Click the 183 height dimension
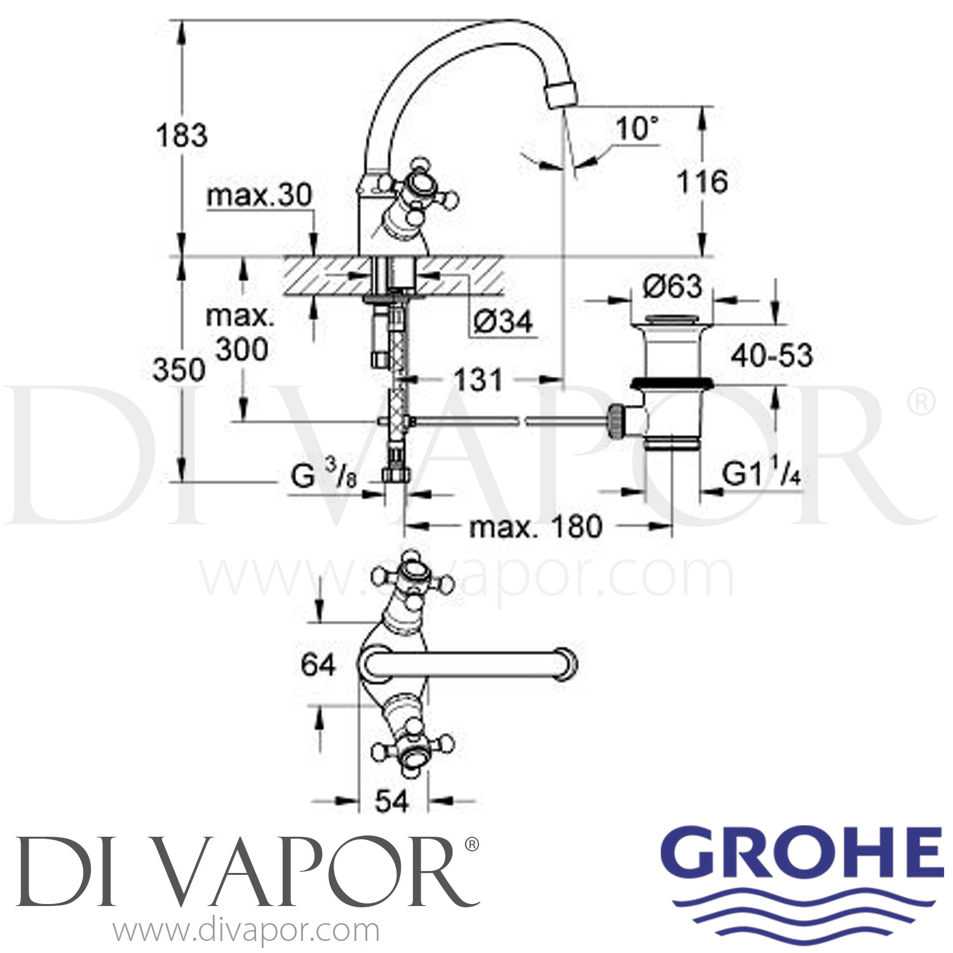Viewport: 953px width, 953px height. point(182,136)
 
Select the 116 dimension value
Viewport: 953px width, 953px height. point(702,182)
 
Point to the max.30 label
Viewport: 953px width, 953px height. point(259,196)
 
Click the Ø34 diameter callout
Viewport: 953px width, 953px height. point(503,322)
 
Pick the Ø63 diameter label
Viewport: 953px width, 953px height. point(672,287)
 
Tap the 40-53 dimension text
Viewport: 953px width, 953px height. point(771,355)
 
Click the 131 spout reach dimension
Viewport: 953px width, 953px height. point(478,380)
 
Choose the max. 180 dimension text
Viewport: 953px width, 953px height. point(535,527)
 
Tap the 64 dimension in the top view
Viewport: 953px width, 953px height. point(318,665)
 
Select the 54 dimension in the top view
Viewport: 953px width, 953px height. point(391,802)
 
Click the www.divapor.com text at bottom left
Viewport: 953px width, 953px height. point(247,931)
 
